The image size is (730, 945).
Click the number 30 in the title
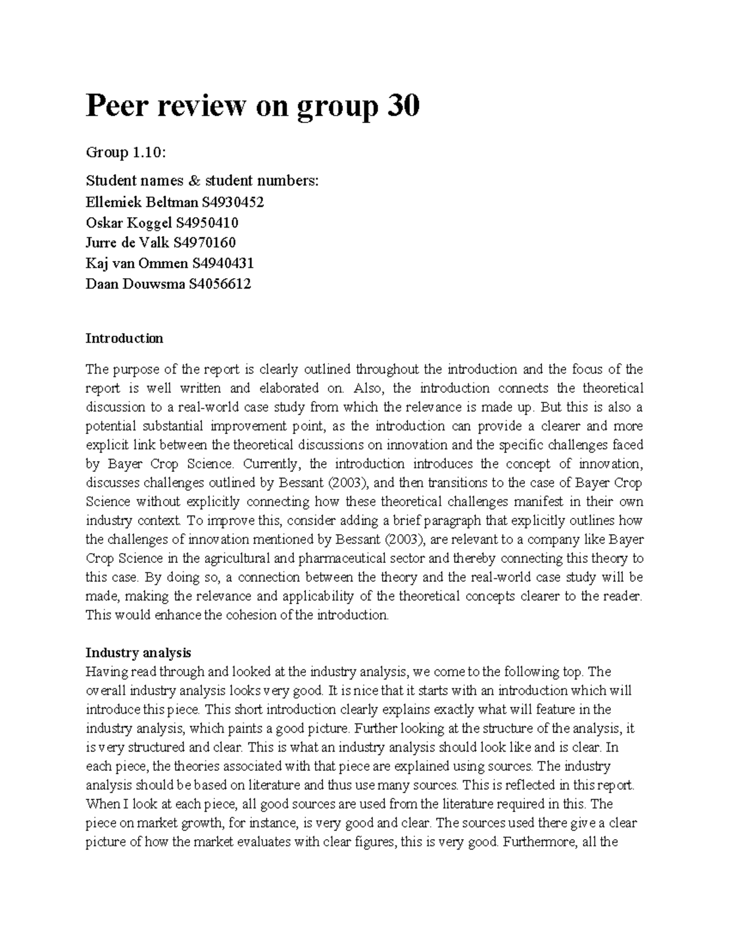point(398,107)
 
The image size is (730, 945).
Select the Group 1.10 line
point(125,153)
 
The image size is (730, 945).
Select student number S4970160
point(204,242)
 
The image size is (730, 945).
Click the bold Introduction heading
point(124,338)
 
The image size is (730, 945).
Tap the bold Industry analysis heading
point(138,653)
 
